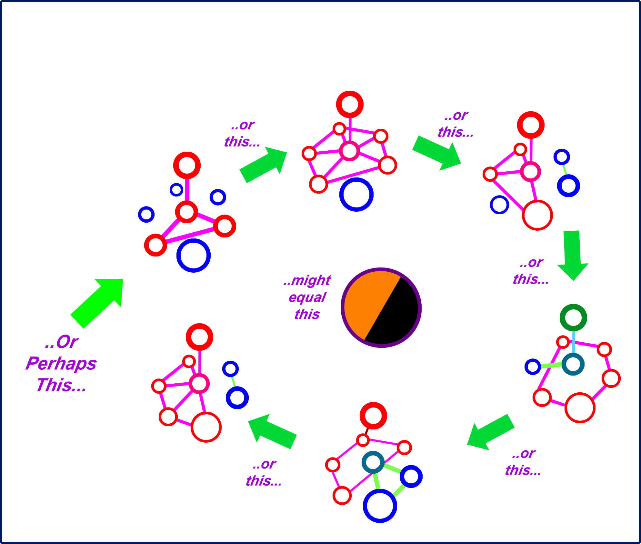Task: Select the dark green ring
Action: [573, 317]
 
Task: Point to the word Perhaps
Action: [61, 364]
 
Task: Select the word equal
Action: [307, 297]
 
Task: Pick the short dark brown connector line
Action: [367, 431]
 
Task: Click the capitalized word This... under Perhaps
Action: [61, 385]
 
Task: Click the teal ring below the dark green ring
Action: [573, 364]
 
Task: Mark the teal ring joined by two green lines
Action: [373, 462]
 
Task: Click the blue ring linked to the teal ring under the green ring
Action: [533, 367]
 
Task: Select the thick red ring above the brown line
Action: [373, 416]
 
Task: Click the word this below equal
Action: [307, 314]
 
